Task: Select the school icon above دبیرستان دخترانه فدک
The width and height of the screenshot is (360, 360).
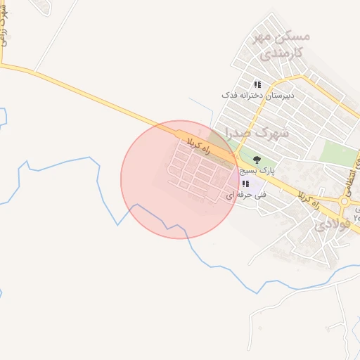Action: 257,84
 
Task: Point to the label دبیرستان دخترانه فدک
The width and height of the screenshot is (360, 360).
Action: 257,94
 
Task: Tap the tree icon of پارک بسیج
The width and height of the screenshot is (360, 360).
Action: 257,160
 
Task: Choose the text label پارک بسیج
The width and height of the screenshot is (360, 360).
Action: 256,170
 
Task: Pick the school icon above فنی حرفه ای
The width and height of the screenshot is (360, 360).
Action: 244,184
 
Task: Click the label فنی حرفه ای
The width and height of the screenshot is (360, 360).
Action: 239,193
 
